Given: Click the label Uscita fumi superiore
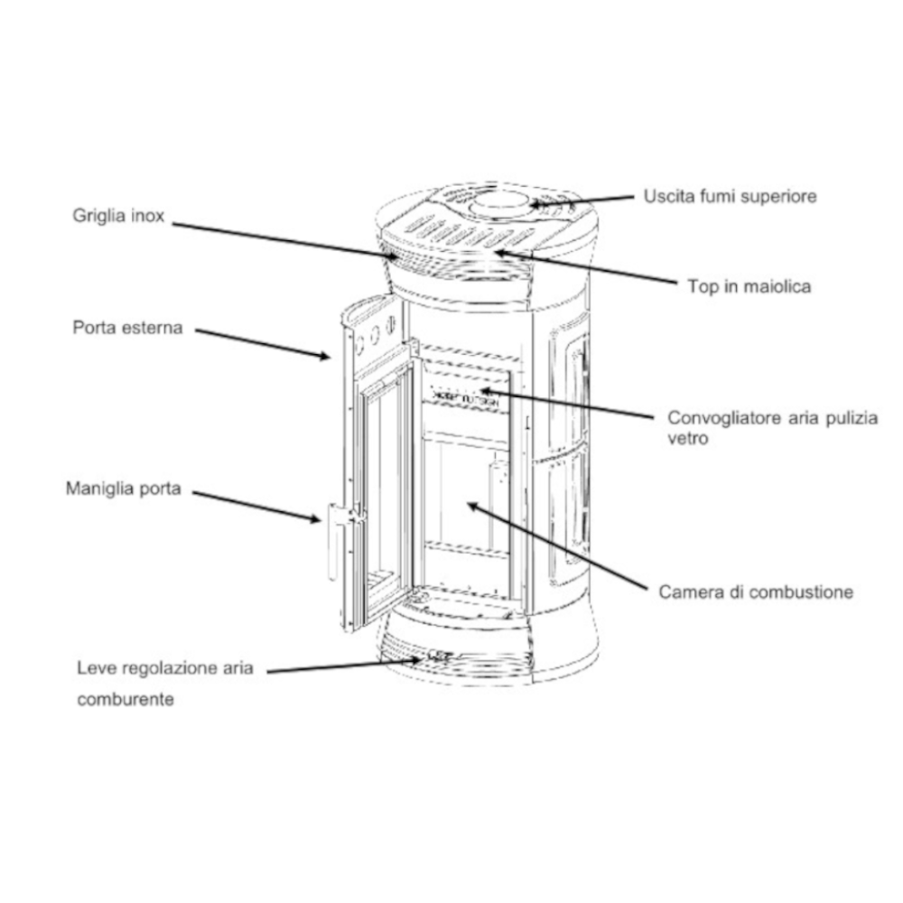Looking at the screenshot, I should (730, 196).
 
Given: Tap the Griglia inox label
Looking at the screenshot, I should (118, 218).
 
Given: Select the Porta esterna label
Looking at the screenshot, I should (127, 328).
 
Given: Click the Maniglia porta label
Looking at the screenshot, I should (124, 489).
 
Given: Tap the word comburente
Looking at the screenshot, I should (126, 699).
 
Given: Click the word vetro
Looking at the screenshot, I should (686, 440).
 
